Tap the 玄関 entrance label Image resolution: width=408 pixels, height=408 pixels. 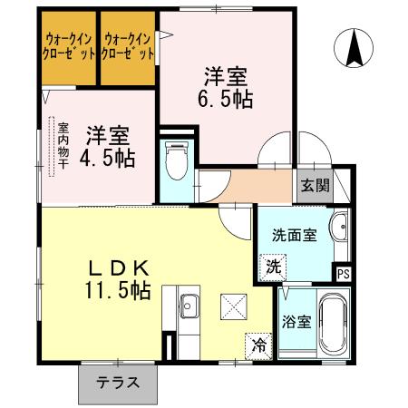[315, 186]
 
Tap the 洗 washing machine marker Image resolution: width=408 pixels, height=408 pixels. [272, 267]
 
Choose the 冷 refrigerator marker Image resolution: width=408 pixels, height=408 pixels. [259, 345]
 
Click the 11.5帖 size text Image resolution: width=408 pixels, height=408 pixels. [118, 292]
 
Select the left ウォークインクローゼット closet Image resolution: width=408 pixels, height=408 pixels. [68, 46]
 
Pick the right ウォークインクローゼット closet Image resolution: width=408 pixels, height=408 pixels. [127, 46]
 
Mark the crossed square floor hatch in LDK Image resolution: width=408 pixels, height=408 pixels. [234, 307]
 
